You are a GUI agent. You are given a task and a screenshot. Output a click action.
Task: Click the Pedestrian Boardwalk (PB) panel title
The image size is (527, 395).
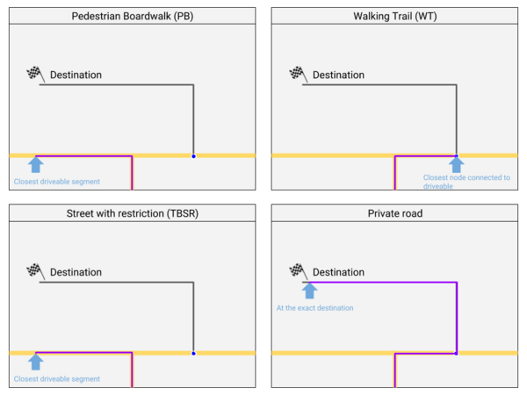[133, 16]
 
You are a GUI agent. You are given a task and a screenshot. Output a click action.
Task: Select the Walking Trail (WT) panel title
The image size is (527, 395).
[395, 16]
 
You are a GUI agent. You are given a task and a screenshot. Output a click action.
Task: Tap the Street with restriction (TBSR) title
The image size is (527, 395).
[133, 213]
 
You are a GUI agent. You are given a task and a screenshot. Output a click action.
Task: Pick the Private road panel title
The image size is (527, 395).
[395, 213]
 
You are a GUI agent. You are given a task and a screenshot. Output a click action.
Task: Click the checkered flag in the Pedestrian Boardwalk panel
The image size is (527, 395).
[35, 75]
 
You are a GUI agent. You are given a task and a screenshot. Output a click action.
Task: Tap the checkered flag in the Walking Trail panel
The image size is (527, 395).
[298, 75]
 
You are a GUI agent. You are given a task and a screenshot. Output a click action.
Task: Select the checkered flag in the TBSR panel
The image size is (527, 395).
[35, 271]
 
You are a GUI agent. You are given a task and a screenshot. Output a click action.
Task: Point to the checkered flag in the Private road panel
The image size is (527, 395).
[298, 271]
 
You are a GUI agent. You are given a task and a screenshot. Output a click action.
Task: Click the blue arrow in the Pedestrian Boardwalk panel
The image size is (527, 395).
[36, 165]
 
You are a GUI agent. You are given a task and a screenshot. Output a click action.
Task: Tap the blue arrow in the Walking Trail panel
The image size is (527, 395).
[457, 165]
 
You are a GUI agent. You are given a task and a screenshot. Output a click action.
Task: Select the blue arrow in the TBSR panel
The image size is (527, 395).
[36, 362]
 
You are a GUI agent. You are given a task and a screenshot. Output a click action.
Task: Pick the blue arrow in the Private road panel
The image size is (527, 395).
[309, 291]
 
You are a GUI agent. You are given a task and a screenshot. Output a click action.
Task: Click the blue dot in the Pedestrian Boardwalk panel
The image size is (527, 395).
[193, 156]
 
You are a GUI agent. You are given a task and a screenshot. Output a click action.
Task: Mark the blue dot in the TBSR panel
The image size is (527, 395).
[193, 354]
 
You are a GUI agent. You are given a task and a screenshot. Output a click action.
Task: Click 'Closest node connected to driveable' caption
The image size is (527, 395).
[466, 182]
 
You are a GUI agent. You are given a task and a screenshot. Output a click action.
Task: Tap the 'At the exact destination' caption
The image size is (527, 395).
[315, 308]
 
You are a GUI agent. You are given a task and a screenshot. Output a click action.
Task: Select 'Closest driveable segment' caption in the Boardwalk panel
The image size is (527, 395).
[57, 182]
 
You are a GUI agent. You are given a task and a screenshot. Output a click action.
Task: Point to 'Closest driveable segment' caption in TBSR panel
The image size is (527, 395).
[57, 379]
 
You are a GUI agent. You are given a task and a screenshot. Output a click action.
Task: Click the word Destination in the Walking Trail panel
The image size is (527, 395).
[338, 75]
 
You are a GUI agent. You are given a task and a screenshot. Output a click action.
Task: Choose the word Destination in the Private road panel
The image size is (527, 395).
[338, 272]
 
